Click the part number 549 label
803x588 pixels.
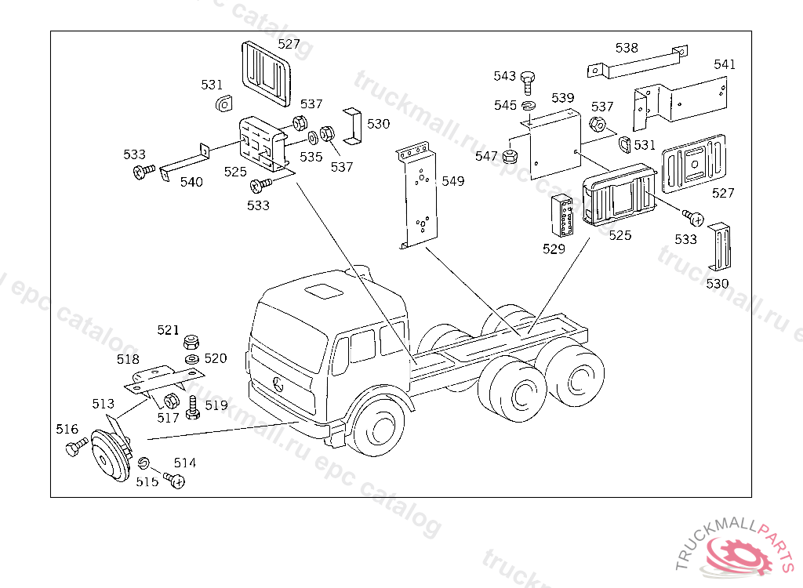(452, 181)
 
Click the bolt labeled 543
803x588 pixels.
(528, 83)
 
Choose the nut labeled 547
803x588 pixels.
(510, 156)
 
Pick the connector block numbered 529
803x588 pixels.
(562, 215)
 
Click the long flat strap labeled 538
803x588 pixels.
(638, 61)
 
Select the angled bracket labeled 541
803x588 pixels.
(680, 103)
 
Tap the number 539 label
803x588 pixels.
(563, 98)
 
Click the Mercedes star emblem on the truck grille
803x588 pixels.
(278, 384)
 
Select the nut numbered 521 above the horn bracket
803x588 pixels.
(191, 341)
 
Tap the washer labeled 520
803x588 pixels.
(191, 358)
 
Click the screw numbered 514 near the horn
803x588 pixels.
(174, 480)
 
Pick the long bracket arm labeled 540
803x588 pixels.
(184, 161)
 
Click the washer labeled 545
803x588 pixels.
(529, 106)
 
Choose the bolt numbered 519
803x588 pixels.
(193, 408)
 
